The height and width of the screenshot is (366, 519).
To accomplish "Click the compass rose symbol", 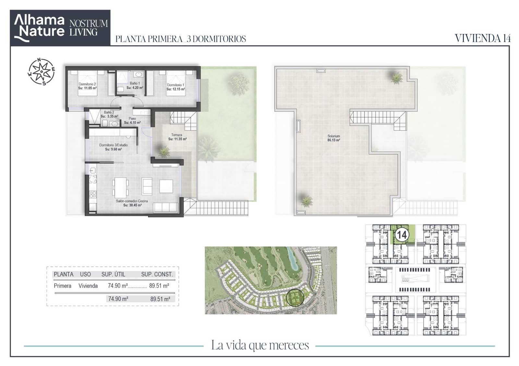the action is (x=41, y=72).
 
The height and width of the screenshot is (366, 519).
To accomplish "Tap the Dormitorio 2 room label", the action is (x=87, y=84).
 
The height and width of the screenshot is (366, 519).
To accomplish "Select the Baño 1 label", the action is (x=135, y=83).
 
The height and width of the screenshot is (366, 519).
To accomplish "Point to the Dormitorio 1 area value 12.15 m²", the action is (x=175, y=89).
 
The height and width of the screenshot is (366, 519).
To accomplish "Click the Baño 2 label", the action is (x=109, y=112).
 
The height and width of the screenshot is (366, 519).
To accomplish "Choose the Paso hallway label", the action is (x=132, y=119).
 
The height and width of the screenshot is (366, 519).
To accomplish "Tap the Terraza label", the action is (x=176, y=135).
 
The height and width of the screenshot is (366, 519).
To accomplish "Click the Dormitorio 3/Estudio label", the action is (x=114, y=145).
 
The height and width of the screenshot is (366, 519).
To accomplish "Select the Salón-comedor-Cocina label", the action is (x=132, y=201).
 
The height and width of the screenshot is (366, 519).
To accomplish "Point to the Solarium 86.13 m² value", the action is (x=334, y=140).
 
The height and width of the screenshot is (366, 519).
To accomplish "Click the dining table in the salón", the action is (x=120, y=188).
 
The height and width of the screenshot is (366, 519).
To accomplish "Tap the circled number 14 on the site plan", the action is (x=402, y=235).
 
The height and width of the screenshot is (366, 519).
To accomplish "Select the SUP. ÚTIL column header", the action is (x=113, y=274).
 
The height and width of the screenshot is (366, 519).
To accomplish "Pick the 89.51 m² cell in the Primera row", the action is (x=159, y=286).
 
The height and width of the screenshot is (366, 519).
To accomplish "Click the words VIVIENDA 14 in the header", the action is (x=483, y=39).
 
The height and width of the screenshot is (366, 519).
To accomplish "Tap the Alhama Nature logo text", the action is (x=39, y=26).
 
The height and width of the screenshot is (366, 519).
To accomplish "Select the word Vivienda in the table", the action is (x=88, y=286).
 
